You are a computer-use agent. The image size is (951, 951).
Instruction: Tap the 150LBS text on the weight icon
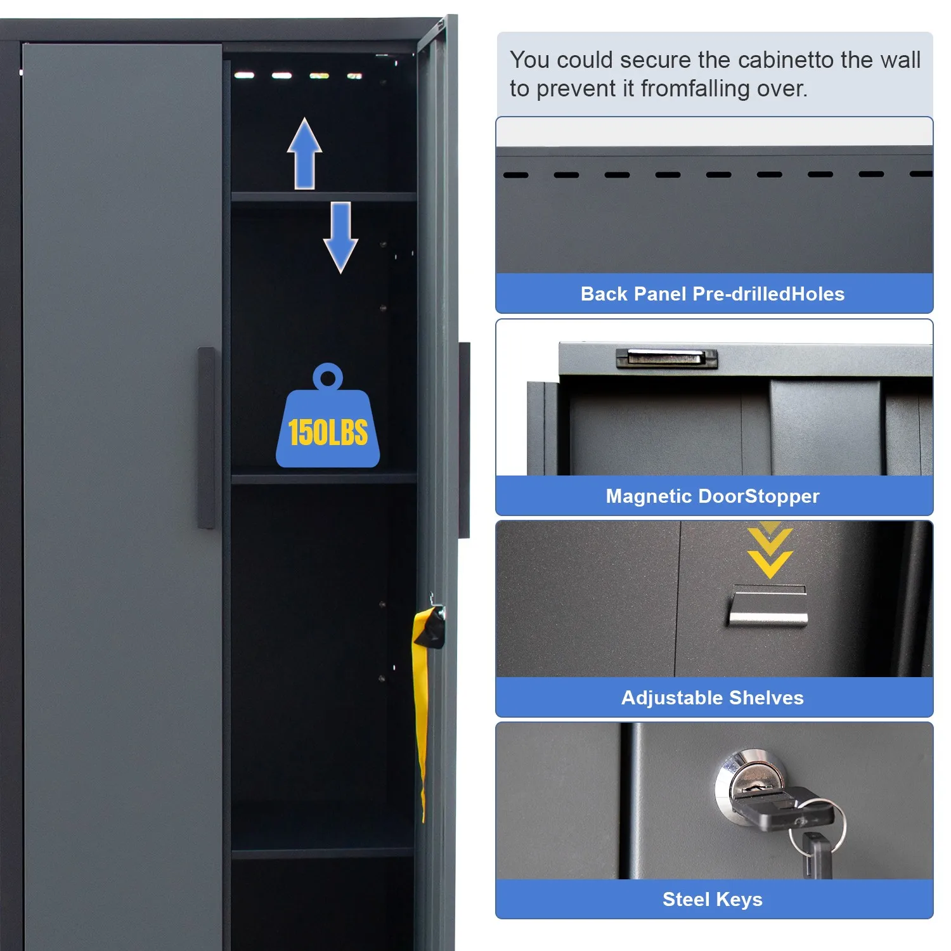[328, 433]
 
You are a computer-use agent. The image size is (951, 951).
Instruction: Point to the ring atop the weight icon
[328, 378]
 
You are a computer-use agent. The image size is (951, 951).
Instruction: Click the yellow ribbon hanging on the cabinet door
[420, 697]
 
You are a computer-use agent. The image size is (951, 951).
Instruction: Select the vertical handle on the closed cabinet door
[206, 437]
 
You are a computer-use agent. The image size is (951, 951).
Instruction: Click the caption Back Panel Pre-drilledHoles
[713, 294]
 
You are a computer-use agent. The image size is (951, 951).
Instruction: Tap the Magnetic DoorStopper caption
[713, 496]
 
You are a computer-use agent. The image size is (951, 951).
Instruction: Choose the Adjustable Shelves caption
[713, 697]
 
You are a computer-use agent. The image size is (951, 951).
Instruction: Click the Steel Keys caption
[713, 899]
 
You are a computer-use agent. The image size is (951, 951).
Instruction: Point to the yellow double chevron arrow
[770, 552]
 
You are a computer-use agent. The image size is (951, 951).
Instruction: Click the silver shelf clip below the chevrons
[768, 609]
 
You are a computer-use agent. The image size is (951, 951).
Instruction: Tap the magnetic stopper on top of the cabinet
[666, 358]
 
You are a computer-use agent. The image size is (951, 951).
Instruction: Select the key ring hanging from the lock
[818, 827]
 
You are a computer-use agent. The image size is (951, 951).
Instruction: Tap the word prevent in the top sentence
[576, 89]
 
